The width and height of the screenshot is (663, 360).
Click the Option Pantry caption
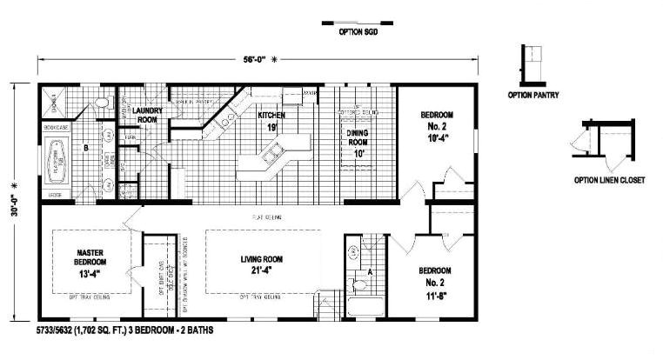click(x=533, y=94)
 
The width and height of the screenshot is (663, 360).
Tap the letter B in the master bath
click(x=84, y=149)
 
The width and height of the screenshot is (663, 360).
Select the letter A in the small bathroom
click(x=371, y=270)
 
